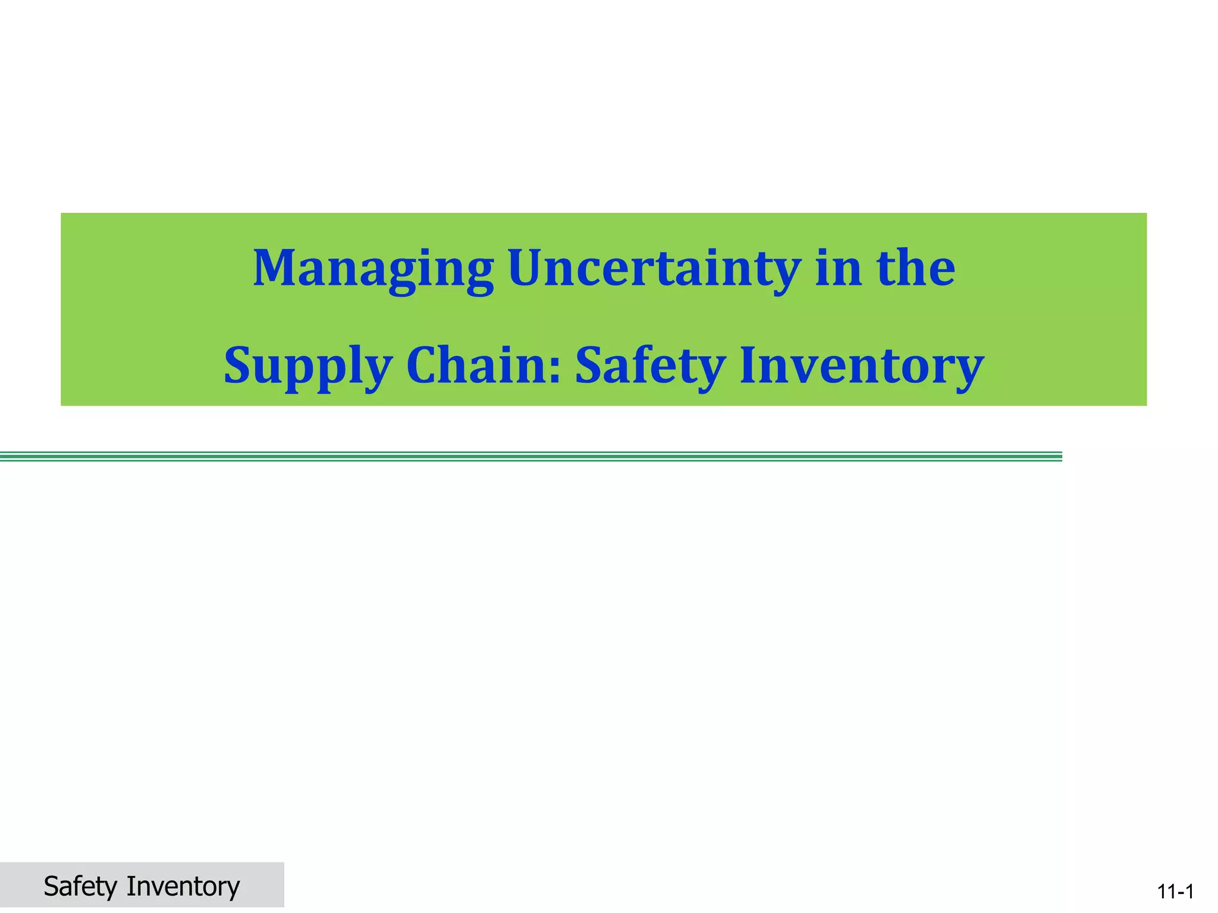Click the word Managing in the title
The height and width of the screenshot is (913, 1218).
373,269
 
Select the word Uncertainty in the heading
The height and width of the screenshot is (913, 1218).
654,269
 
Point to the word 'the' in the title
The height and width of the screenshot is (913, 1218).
916,269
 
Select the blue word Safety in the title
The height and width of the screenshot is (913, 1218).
649,365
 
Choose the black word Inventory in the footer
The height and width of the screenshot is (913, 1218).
183,886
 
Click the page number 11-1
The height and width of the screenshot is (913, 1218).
1175,892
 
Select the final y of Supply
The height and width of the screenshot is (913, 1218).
378,372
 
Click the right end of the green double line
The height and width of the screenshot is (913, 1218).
1060,456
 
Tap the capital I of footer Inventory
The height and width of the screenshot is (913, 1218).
129,886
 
